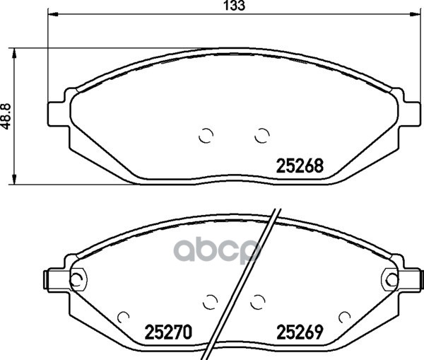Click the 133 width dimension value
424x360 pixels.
pos(235,6)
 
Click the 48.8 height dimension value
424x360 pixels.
pos(5,117)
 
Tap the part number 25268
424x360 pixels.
pos(300,166)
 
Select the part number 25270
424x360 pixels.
pos(168,332)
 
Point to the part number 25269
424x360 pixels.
pos(300,332)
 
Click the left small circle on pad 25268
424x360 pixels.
pos(206,135)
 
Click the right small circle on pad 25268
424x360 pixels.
pos(261,135)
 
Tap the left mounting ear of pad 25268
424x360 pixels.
pos(59,114)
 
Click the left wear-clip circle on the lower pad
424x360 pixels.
pos(78,279)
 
